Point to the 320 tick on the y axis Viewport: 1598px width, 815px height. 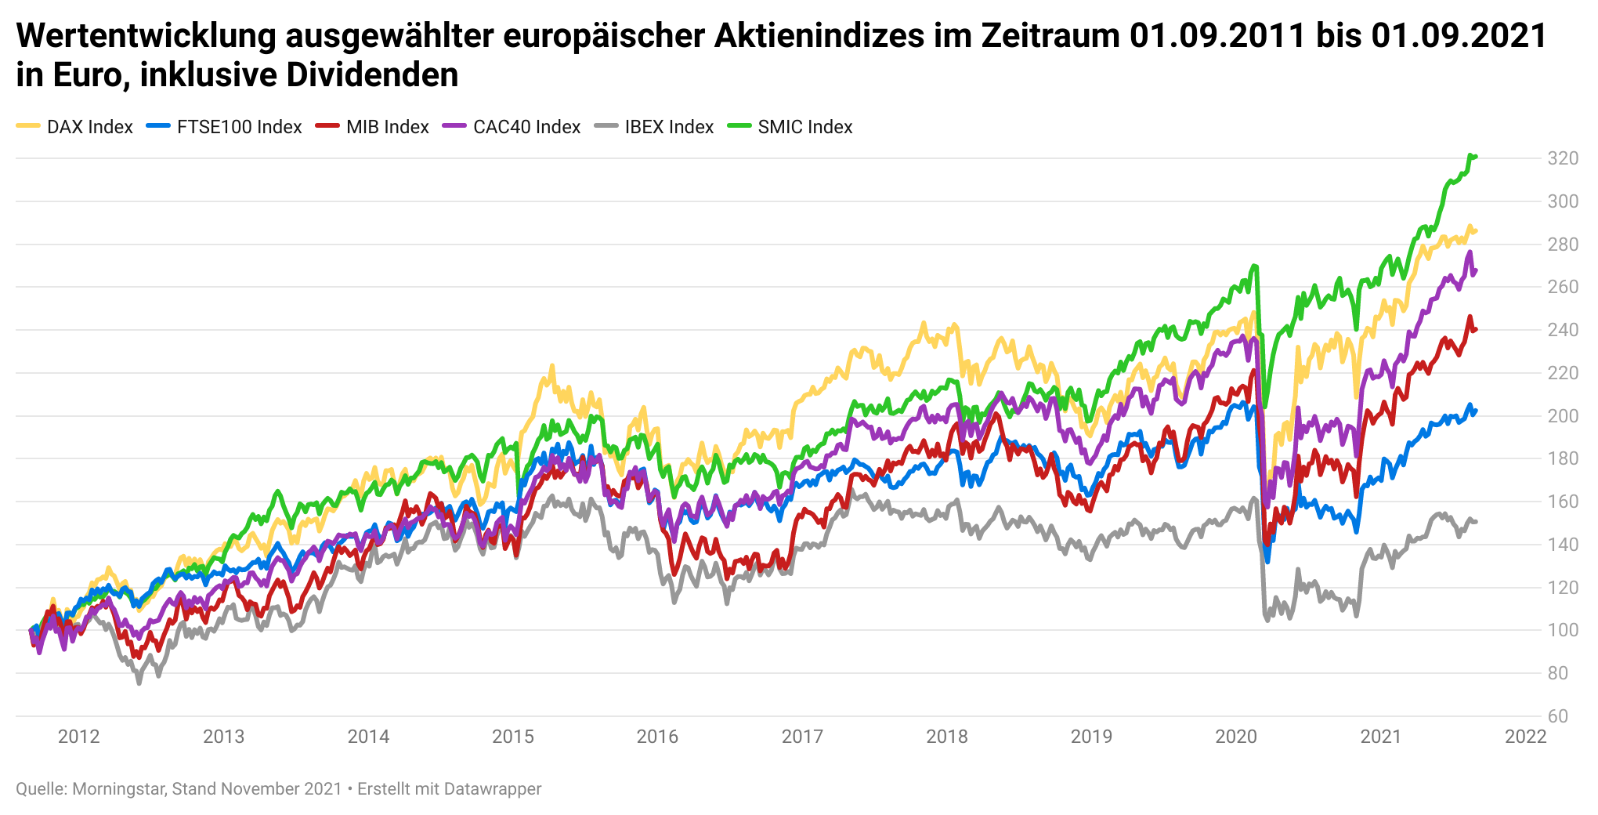pyautogui.click(x=1562, y=159)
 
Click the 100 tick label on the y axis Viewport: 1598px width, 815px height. pyautogui.click(x=1562, y=630)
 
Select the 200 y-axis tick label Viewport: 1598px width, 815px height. pyautogui.click(x=1562, y=416)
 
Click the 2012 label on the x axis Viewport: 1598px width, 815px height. pyautogui.click(x=79, y=737)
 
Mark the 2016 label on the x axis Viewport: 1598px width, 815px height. pyautogui.click(x=657, y=737)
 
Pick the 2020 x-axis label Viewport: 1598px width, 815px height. pyautogui.click(x=1235, y=737)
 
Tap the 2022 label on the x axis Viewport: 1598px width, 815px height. pyautogui.click(x=1525, y=737)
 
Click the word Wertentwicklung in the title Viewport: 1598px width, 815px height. pyautogui.click(x=146, y=36)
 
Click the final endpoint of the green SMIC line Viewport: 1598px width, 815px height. pyautogui.click(x=1476, y=157)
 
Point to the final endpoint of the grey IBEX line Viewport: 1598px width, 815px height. pyautogui.click(x=1476, y=522)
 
